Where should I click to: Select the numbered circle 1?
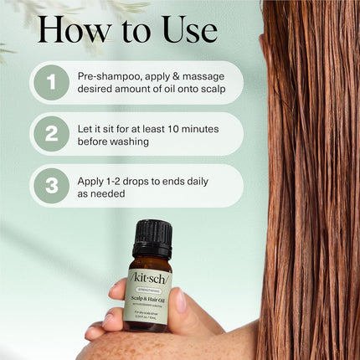coord(52,82)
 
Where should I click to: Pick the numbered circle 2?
coord(52,134)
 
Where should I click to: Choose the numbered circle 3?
coord(52,186)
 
